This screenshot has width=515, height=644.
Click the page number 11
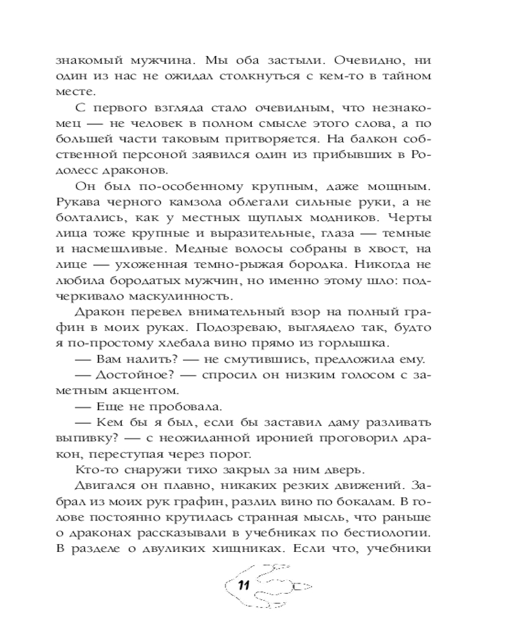(x=243, y=585)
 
